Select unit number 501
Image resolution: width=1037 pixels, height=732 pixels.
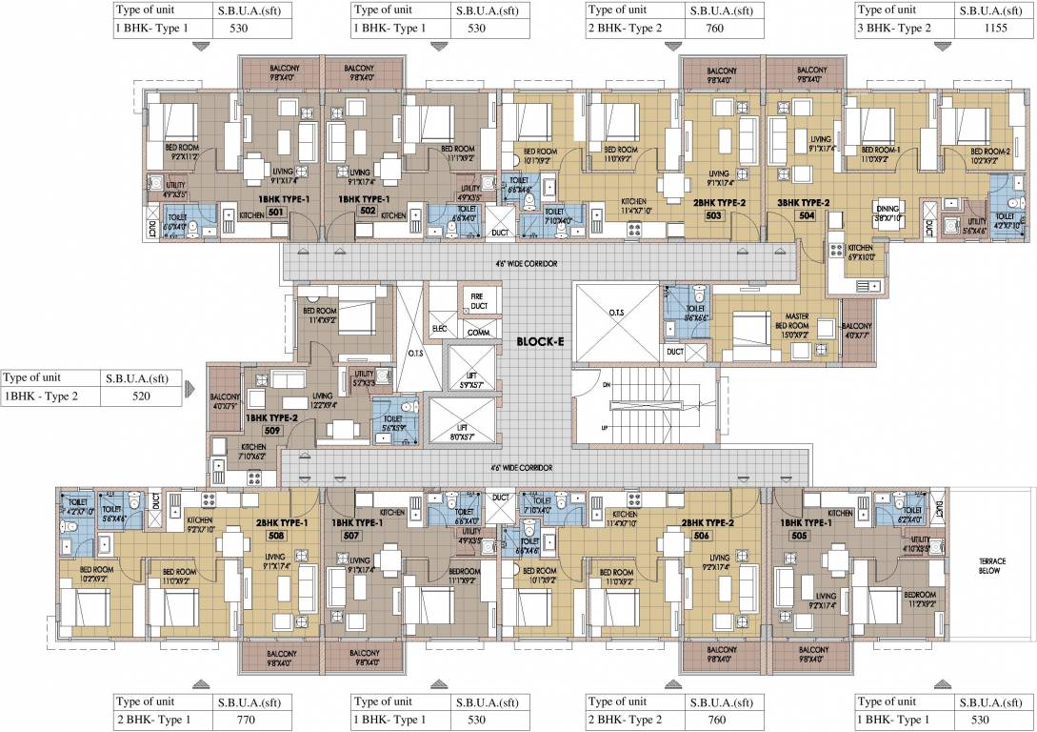(x=277, y=213)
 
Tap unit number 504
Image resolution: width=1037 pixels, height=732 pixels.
(x=806, y=215)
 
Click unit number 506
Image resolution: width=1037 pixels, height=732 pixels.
(x=702, y=536)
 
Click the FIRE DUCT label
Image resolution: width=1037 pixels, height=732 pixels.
(x=477, y=300)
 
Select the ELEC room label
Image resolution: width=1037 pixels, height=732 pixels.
(x=440, y=329)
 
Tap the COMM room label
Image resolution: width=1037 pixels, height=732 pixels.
(x=478, y=333)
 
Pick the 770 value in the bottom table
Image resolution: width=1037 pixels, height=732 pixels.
(x=244, y=720)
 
